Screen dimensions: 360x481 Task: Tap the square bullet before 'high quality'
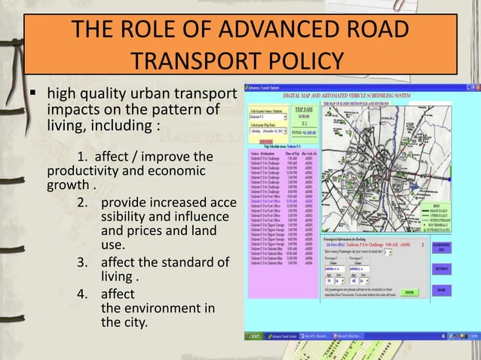tap(34, 96)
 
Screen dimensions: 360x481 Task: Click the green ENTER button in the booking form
tap(409, 292)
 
